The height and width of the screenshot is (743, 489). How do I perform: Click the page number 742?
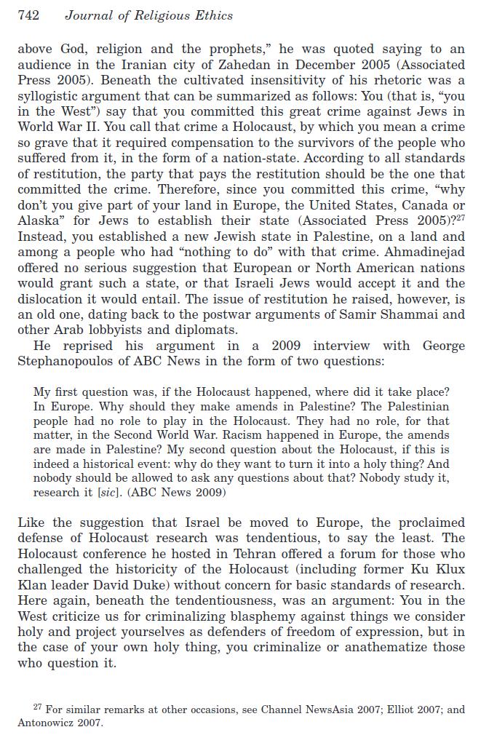click(x=28, y=15)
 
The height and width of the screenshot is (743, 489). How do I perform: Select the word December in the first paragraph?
click(x=306, y=65)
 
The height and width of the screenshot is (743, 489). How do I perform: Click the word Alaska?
click(x=39, y=221)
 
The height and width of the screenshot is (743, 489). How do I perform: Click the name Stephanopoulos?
click(x=68, y=361)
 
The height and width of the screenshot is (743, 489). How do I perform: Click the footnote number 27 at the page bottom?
click(x=38, y=707)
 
